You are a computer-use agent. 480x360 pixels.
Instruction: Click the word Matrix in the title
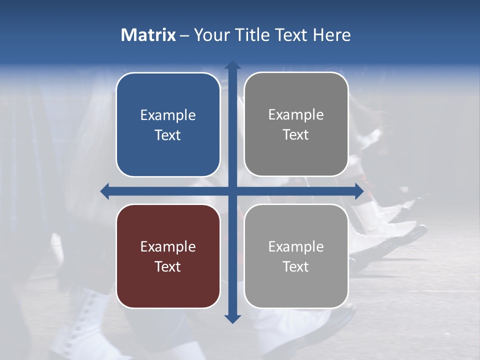pos(148,35)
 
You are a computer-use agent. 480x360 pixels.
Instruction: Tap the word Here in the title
pos(331,35)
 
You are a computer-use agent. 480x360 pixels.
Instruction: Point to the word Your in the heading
pos(210,35)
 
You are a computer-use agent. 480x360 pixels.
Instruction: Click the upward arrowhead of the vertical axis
pos(232,65)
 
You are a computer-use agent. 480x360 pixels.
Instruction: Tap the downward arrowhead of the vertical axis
pos(232,318)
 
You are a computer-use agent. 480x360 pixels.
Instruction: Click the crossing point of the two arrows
pos(232,191)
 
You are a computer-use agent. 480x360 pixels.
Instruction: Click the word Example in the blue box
pos(168,115)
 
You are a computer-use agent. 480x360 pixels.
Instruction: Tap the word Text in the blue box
pos(168,135)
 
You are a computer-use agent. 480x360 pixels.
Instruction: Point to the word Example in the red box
pos(168,246)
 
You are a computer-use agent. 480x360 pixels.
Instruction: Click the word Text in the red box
pos(168,266)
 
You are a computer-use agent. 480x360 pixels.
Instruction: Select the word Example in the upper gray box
pos(296,114)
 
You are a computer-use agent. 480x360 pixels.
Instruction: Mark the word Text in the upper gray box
pos(296,134)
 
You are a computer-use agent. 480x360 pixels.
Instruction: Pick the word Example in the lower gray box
pos(296,246)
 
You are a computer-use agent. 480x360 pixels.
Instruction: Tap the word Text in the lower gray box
pos(296,266)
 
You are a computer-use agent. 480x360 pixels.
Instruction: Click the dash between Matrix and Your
pos(184,35)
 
